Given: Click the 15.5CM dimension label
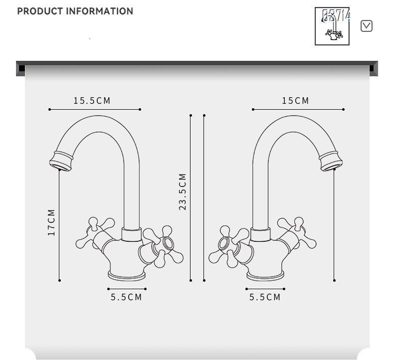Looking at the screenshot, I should click(x=92, y=101).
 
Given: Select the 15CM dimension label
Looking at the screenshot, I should click(x=296, y=101).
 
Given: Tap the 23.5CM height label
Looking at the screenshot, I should click(x=183, y=192).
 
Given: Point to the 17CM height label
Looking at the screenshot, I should click(x=51, y=222).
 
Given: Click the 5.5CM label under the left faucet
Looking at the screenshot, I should click(x=127, y=297).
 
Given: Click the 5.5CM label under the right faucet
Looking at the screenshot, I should click(x=265, y=297).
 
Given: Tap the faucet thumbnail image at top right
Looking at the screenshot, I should click(x=332, y=26).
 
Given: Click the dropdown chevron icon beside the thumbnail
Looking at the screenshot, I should click(x=367, y=26).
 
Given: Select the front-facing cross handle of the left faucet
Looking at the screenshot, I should click(x=163, y=245).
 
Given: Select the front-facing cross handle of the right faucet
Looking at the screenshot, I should click(x=229, y=245).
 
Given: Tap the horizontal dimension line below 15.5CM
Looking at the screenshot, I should click(x=95, y=109).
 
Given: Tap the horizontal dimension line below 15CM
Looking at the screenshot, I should click(x=298, y=109).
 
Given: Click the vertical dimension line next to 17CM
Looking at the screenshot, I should click(x=59, y=224).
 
